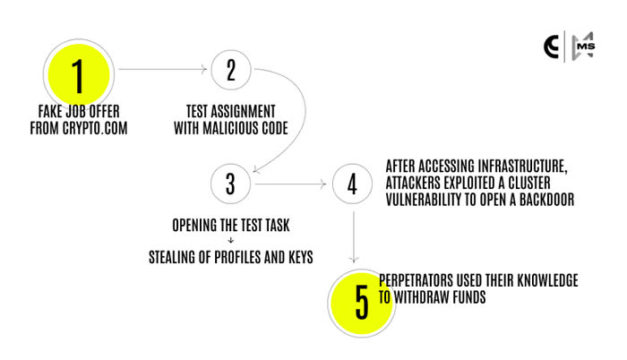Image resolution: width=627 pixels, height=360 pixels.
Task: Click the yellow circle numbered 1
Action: point(79,75)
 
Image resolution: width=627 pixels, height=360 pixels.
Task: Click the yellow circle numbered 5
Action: point(362,304)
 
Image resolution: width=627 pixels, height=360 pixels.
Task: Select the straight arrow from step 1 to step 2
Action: point(163,70)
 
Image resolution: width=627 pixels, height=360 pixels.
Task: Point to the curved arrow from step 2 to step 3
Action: point(305,112)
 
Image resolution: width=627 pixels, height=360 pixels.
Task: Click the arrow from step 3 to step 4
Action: point(291,184)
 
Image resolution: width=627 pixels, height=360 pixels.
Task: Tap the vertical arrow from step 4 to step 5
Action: point(354,236)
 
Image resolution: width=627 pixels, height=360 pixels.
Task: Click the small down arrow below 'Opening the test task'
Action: point(231,240)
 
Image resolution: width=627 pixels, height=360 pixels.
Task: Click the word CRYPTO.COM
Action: point(95,128)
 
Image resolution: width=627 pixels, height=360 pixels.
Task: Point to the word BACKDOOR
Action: point(546,199)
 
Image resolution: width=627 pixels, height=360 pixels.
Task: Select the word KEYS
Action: point(301,257)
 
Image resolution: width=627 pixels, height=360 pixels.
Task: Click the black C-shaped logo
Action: point(551,47)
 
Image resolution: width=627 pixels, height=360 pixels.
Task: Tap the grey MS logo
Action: point(583,47)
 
